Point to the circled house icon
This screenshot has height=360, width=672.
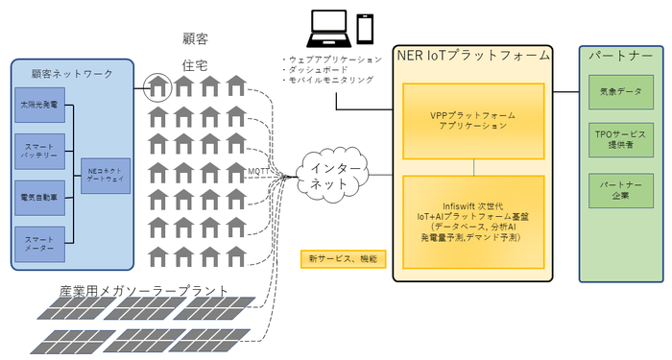[x=157, y=88]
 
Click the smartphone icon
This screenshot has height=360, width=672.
[x=365, y=27]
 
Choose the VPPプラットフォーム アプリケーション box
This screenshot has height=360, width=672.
[x=473, y=120]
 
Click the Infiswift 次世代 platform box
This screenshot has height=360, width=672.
[x=473, y=221]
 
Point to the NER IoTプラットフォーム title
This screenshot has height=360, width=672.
[x=473, y=56]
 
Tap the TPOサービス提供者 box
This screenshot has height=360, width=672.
[x=621, y=139]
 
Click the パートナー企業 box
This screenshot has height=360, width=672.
[x=621, y=188]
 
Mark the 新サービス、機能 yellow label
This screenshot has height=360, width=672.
[x=342, y=259]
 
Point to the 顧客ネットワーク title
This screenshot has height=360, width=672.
[x=72, y=73]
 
